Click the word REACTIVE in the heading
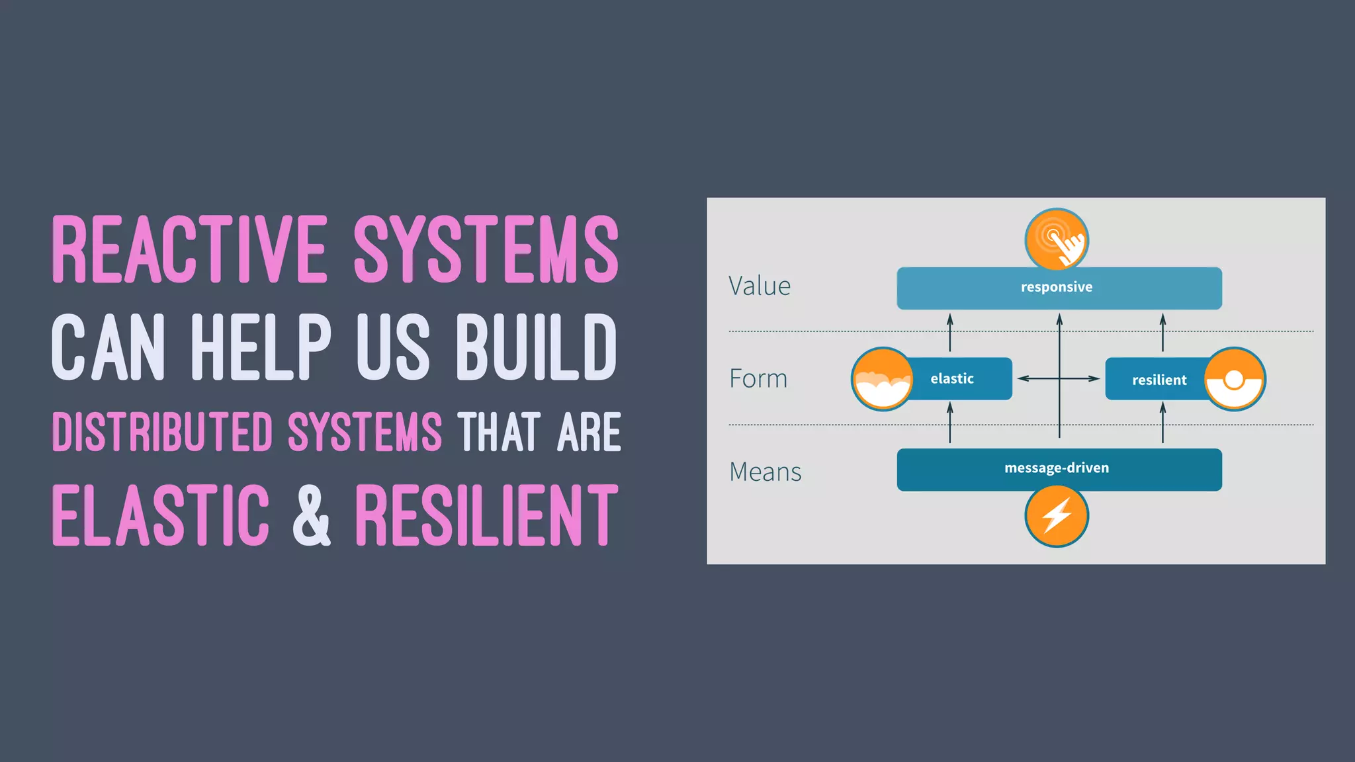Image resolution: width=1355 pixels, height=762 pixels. coord(189,249)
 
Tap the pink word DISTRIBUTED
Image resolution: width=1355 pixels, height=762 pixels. coord(162,433)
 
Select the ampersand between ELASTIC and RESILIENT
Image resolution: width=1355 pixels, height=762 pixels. coord(311,515)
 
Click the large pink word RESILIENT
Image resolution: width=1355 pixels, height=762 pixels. coord(486,515)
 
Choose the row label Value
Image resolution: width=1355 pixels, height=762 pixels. coord(760,286)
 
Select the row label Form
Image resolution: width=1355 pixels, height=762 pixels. coord(758,379)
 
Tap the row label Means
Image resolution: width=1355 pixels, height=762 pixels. coord(765,472)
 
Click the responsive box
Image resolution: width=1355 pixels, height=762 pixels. coord(1059,288)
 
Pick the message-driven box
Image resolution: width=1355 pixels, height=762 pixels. coord(1059,469)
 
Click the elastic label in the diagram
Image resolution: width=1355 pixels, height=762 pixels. coord(953,379)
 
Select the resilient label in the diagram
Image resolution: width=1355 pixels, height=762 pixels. coord(1158,380)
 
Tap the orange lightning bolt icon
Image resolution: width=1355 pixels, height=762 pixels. coord(1057,516)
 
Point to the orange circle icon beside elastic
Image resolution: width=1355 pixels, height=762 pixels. coord(882,379)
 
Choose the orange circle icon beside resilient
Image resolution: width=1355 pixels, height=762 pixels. coord(1235,379)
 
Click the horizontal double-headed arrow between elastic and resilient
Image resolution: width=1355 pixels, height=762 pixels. coord(1059,379)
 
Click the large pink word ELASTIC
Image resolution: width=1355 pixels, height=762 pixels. coord(161,515)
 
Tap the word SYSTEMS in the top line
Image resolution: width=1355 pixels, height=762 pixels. coord(486,249)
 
